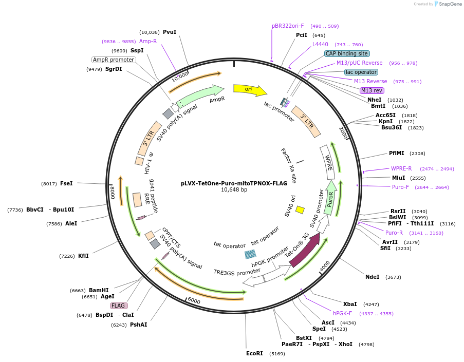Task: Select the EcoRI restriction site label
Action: [254, 353]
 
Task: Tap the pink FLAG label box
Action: [118, 306]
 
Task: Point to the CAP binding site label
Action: [347, 53]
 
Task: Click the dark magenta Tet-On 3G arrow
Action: [305, 250]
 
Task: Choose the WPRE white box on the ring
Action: [328, 162]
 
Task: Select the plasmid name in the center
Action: [234, 183]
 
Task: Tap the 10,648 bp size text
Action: [234, 189]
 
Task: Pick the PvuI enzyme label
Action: [170, 32]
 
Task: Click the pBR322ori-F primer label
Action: [288, 26]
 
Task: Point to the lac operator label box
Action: [361, 72]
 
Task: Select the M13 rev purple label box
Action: [372, 90]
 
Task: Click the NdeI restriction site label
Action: [372, 277]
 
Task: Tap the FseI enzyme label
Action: [66, 183]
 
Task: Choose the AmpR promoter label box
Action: [114, 60]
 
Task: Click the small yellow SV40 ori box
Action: [300, 209]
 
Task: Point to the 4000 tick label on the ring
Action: [325, 265]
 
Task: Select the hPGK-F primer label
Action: [342, 313]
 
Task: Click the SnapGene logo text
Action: [450, 4]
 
